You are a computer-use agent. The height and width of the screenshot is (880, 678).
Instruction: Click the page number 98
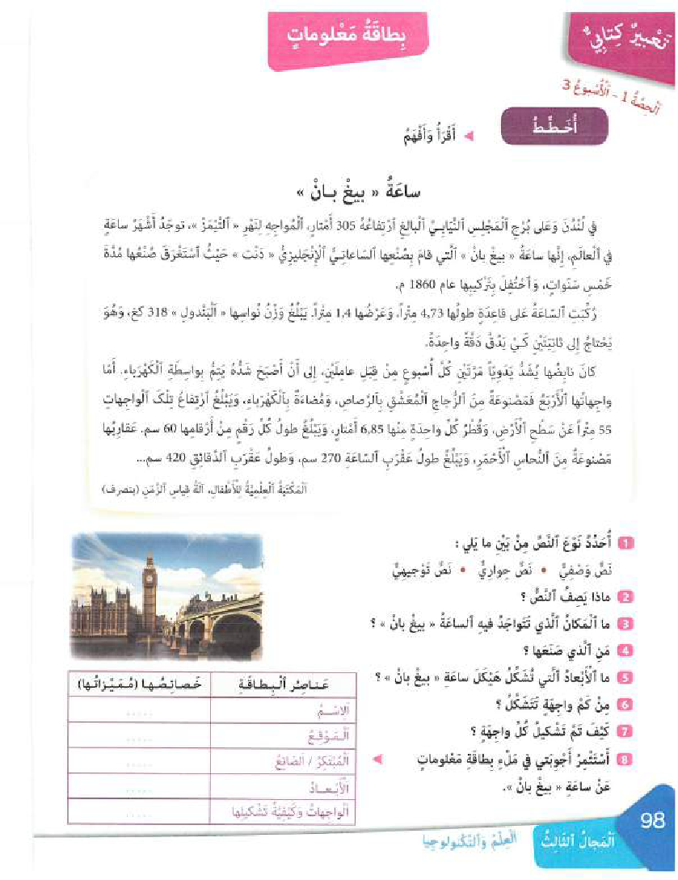651,821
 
